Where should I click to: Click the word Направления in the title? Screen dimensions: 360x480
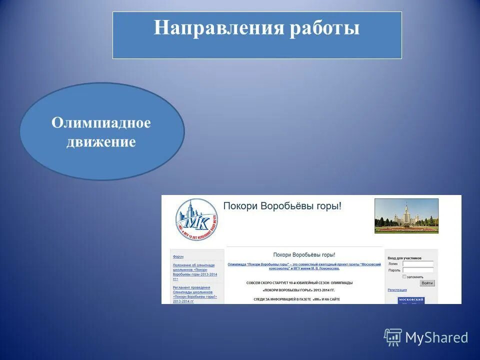(218, 28)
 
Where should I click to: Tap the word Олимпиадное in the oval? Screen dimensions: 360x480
(101, 123)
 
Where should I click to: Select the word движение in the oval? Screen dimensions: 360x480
(101, 142)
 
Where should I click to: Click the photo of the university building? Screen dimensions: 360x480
(406, 215)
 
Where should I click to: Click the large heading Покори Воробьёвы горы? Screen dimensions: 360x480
(282, 205)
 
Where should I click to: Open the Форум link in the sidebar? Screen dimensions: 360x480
(178, 256)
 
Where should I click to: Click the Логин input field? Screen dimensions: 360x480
(418, 263)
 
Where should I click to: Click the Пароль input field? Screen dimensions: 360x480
(418, 270)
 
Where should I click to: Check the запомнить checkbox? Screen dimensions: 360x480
(404, 276)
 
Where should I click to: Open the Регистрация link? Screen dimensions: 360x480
(397, 290)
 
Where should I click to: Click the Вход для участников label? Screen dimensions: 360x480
(404, 258)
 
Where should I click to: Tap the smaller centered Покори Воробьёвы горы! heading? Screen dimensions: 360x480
(304, 255)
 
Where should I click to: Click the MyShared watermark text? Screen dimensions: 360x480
(436, 337)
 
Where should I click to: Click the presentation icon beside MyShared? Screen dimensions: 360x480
(393, 337)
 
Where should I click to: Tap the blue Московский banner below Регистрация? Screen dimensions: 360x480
(411, 300)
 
